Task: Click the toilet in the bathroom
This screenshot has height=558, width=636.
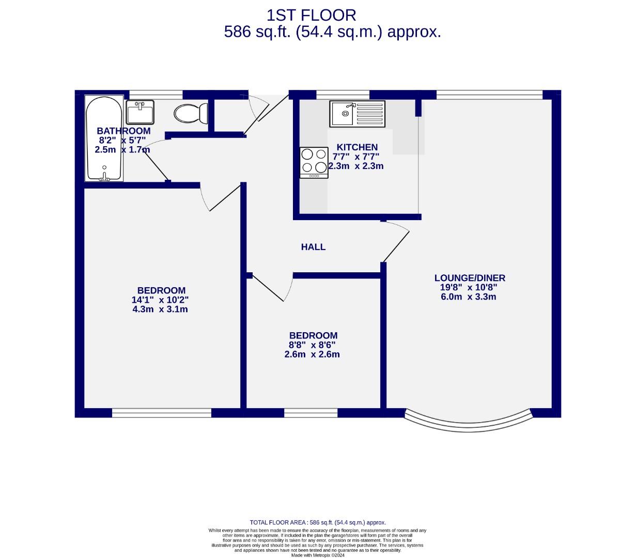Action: pyautogui.click(x=191, y=113)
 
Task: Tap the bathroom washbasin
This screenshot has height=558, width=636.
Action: pyautogui.click(x=140, y=112)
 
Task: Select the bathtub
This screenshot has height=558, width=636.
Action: pyautogui.click(x=104, y=138)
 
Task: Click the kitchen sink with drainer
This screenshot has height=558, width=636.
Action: pyautogui.click(x=358, y=114)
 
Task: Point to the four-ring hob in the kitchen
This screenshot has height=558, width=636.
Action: pyautogui.click(x=314, y=162)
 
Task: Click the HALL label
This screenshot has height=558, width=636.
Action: pyautogui.click(x=313, y=247)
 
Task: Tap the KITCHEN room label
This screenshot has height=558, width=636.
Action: pyautogui.click(x=357, y=147)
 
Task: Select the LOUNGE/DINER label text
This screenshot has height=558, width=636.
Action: pyautogui.click(x=469, y=278)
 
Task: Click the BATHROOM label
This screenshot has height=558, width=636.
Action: pyautogui.click(x=124, y=131)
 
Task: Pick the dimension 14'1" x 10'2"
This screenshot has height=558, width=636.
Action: pyautogui.click(x=160, y=300)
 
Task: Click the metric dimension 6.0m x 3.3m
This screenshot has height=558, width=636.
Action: pyautogui.click(x=468, y=297)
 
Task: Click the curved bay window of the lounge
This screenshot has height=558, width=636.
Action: pyautogui.click(x=468, y=422)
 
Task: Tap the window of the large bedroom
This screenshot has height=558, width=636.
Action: pyautogui.click(x=162, y=413)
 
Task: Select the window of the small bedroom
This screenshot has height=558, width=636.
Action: pyautogui.click(x=311, y=413)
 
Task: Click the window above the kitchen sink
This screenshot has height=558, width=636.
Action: pyautogui.click(x=343, y=94)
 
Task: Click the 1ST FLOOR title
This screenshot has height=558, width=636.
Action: pyautogui.click(x=311, y=15)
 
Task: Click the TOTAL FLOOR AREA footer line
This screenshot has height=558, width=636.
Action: pyautogui.click(x=318, y=522)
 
